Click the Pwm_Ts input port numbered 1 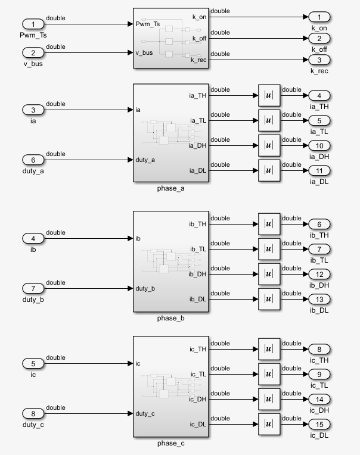tap(33, 24)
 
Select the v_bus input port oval tap(33, 53)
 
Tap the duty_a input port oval tap(33, 160)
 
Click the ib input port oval tap(33, 238)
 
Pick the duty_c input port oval tap(33, 413)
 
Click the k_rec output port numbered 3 tap(319, 60)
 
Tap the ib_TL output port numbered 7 tap(319, 249)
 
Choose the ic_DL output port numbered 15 tap(319, 424)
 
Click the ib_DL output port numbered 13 tap(319, 299)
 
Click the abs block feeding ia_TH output tap(269, 96)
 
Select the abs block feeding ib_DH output tap(269, 274)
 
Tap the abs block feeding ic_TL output tap(269, 374)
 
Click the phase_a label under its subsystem tap(170, 189)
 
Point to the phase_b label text tap(170, 318)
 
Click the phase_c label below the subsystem tap(170, 444)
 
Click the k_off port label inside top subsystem tap(198, 39)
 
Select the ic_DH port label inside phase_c tap(198, 400)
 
